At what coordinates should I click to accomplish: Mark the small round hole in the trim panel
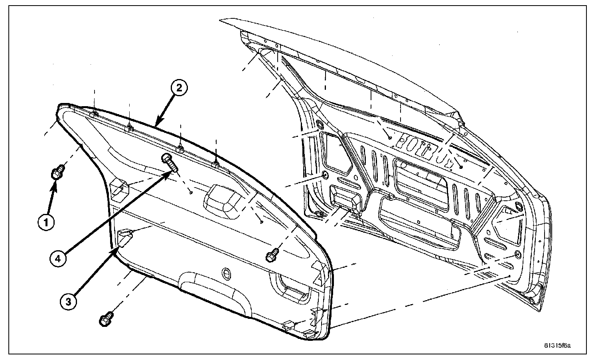click(x=226, y=273)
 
